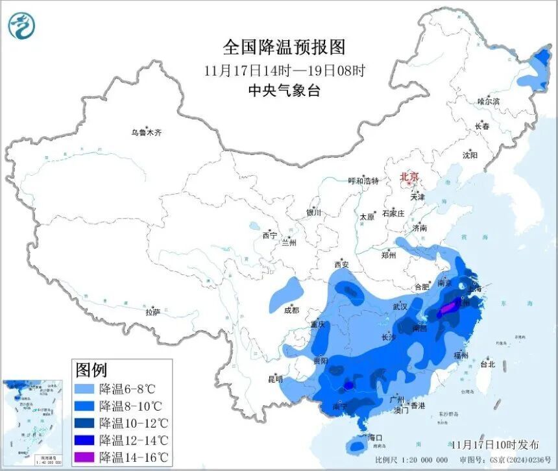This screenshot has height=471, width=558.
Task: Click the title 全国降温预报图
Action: (284, 47)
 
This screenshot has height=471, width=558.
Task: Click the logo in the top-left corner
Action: (21, 26)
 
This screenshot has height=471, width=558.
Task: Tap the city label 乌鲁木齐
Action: (145, 132)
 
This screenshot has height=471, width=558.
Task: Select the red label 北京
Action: (409, 176)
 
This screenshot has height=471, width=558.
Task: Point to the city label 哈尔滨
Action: (489, 102)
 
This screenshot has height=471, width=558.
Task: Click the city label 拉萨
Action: (152, 311)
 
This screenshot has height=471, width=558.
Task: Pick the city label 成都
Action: (291, 310)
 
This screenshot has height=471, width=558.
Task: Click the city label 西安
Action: (341, 264)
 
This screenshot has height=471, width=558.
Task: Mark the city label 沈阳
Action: (470, 156)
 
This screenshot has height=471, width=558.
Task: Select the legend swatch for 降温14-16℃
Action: (86, 457)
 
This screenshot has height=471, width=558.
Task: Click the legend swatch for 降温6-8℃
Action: (86, 389)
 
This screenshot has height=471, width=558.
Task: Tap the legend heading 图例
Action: (91, 370)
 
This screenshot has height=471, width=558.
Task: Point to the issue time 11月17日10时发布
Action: (495, 444)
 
